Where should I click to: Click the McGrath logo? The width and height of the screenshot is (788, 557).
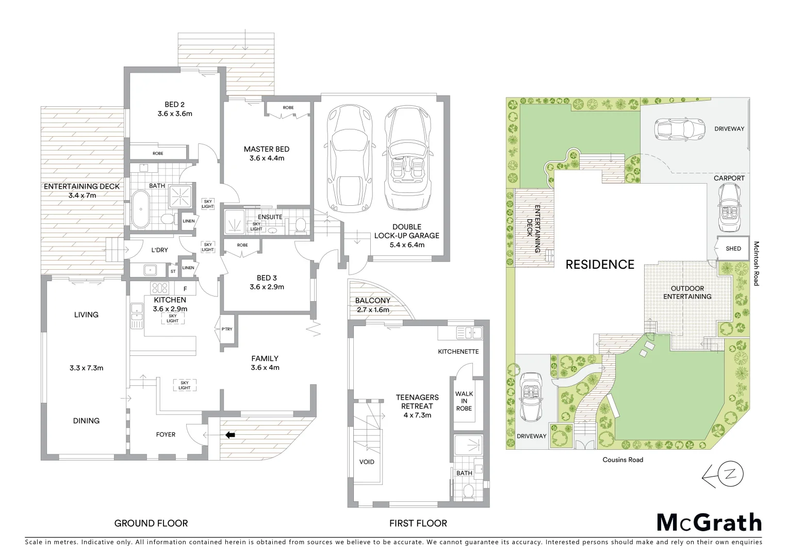click(709, 522)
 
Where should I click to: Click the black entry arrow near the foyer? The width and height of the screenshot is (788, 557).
click(230, 435)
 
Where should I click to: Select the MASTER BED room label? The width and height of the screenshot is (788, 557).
click(267, 149)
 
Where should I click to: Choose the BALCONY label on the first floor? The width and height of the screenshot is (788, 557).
click(372, 301)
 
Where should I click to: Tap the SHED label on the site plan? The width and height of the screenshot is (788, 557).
click(733, 249)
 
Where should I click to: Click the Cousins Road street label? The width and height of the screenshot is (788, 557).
click(623, 460)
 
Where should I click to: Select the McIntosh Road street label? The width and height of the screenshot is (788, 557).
click(756, 263)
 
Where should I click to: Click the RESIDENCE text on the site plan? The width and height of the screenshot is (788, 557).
click(600, 265)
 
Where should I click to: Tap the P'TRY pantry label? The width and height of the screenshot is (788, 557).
click(226, 330)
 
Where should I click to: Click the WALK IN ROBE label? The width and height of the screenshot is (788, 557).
click(464, 401)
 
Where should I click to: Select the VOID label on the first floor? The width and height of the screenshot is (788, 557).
click(367, 462)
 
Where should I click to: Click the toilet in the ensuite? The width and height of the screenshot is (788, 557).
click(301, 224)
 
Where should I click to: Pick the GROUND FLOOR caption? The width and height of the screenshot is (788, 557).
click(151, 523)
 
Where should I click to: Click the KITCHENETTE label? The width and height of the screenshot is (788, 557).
click(458, 351)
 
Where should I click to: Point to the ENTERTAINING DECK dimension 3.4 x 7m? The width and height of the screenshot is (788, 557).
click(81, 195)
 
